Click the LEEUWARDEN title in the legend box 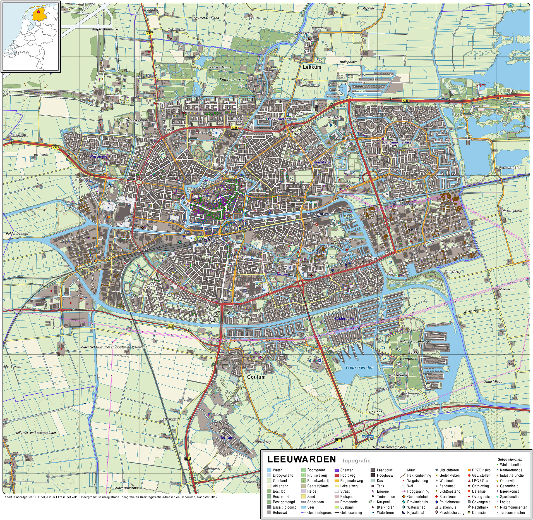click(302, 459)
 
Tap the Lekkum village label click(312, 67)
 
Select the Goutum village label click(256, 377)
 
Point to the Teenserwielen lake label click(359, 367)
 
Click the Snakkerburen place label click(232, 80)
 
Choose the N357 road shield click(150, 33)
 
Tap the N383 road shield click(56, 147)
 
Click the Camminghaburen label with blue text click(398, 142)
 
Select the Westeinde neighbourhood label click(98, 156)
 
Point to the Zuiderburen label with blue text click(345, 319)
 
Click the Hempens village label click(408, 358)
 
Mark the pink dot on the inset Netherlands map click(39, 12)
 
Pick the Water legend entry click(277, 470)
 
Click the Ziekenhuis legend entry click(448, 507)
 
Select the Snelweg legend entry click(347, 470)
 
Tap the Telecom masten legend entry click(512, 512)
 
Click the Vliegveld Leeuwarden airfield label click(105, 29)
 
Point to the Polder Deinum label click(17, 233)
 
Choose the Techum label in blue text click(226, 438)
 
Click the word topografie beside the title click(356, 460)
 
